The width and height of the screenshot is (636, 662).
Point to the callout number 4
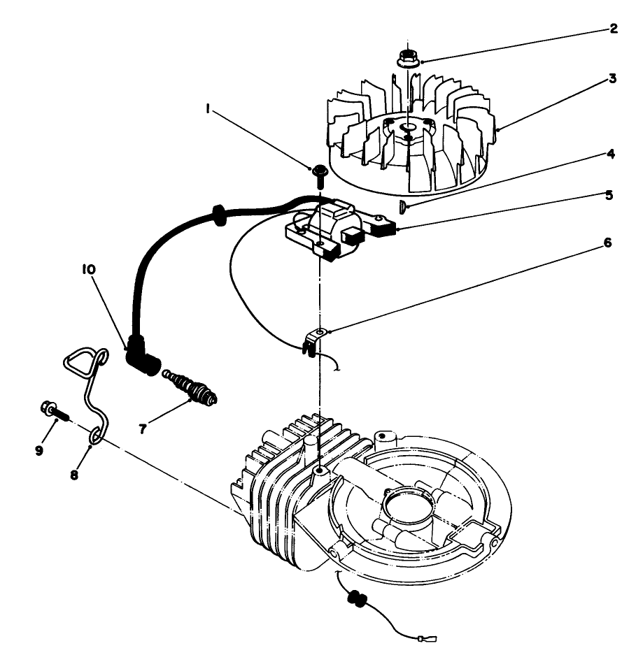pos(611,153)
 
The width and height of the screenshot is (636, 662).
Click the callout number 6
pos(607,243)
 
